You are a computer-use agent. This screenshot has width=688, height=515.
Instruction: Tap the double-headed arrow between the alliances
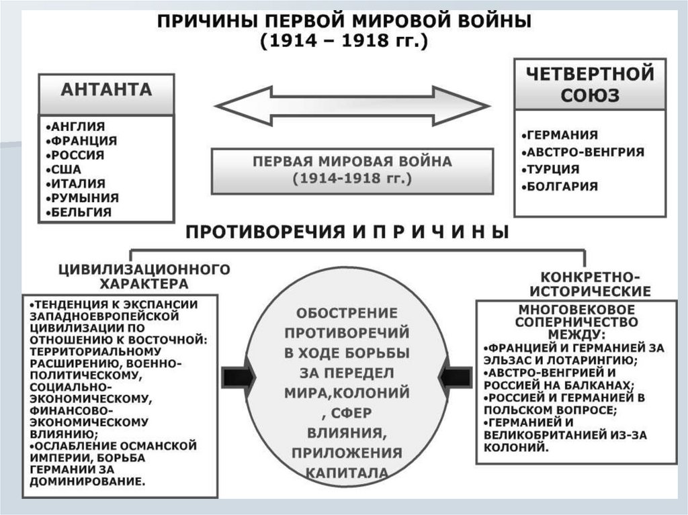click(351, 106)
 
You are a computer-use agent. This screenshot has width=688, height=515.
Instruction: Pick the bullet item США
click(66, 169)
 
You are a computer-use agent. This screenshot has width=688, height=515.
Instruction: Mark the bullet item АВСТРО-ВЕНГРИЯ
click(584, 152)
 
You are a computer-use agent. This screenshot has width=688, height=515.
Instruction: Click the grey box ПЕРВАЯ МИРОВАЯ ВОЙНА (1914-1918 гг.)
click(352, 171)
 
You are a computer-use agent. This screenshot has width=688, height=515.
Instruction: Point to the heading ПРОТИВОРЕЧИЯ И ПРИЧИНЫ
click(347, 232)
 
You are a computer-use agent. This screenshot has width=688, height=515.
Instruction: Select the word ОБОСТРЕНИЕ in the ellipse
click(347, 313)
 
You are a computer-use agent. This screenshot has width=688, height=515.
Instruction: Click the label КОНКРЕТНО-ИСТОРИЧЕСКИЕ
click(590, 284)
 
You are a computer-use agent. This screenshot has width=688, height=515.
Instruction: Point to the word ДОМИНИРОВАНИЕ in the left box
click(87, 481)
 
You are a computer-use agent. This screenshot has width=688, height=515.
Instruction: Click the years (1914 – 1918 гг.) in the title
click(343, 41)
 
